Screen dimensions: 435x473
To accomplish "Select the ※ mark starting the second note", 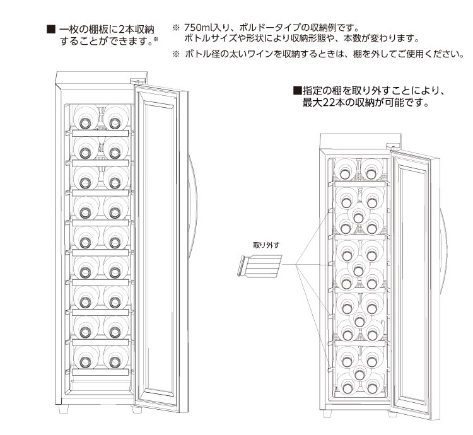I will tap(176, 54).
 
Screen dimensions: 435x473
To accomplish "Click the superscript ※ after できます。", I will tap(155, 40).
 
